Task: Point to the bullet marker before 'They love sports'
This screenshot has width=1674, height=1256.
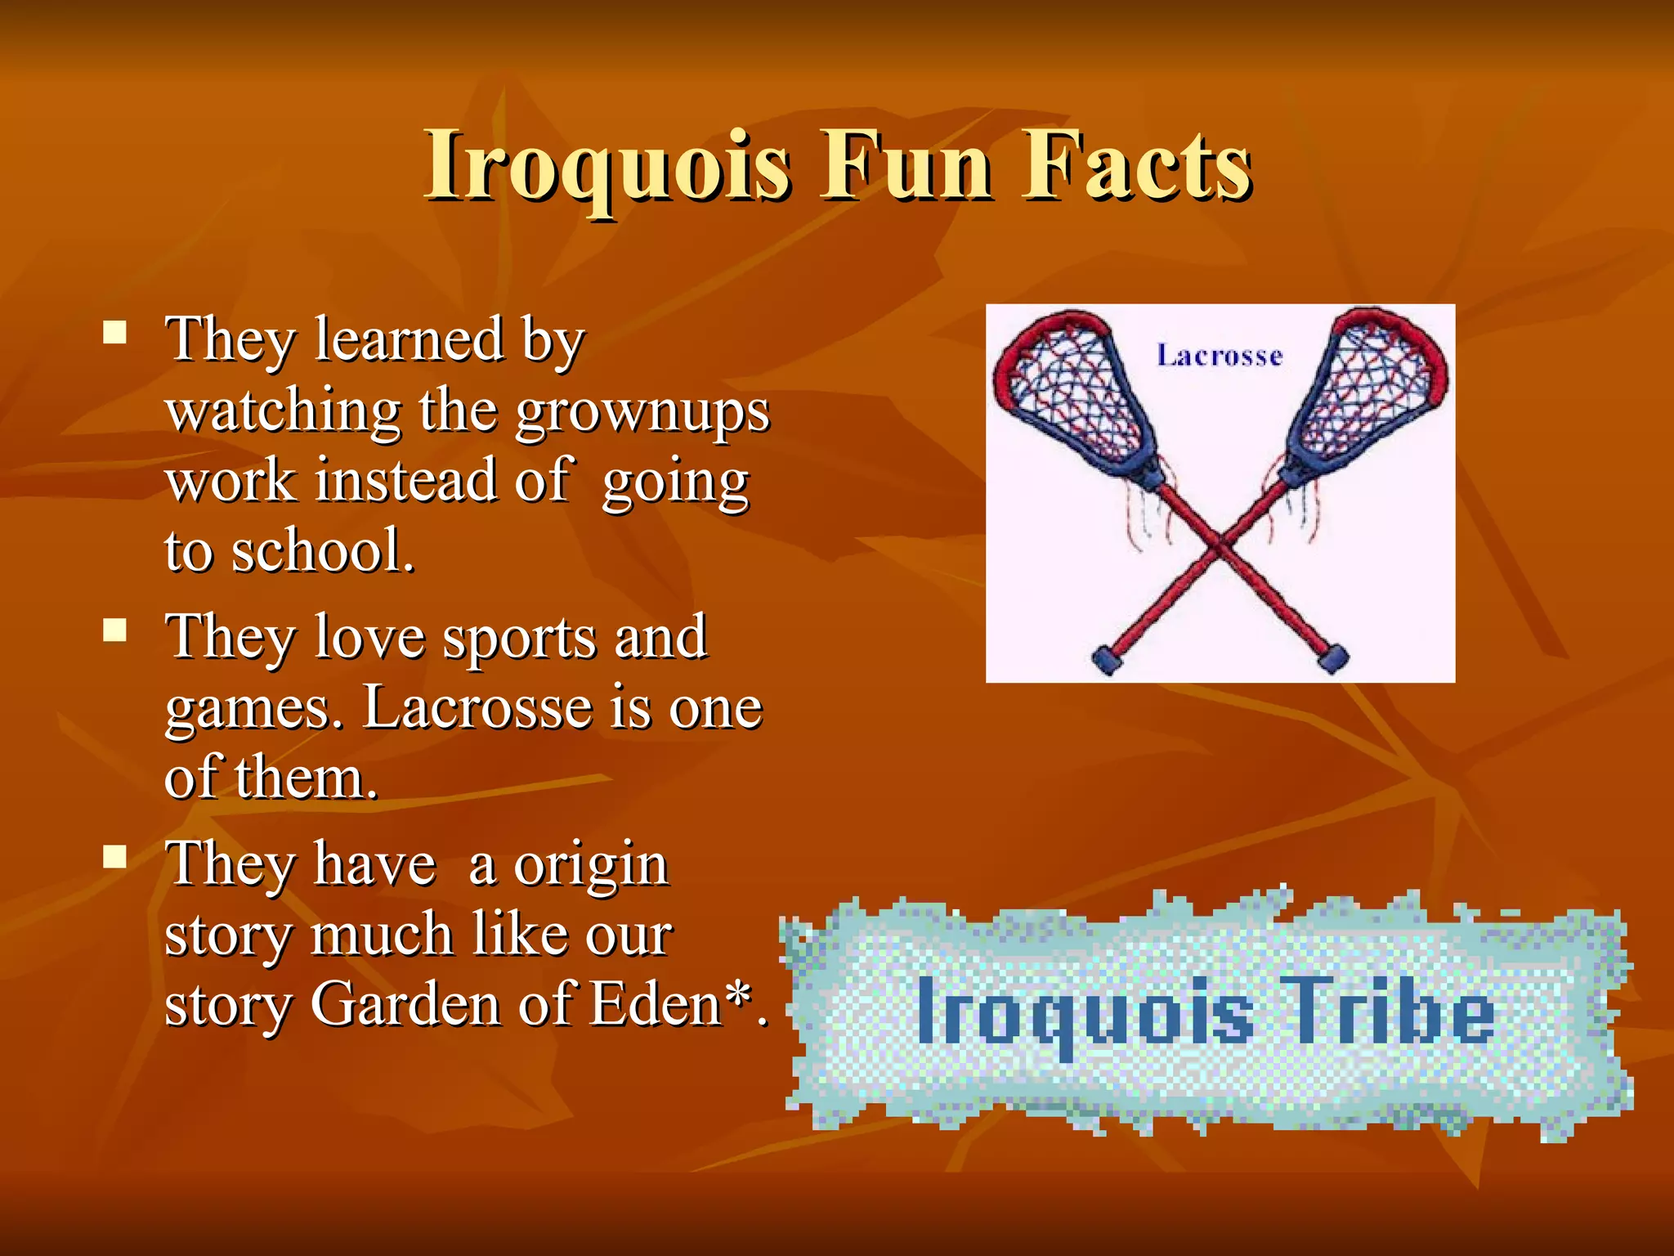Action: (x=115, y=630)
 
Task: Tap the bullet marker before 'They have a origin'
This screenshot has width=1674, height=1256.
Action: (x=115, y=856)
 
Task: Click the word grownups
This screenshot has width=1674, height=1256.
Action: (x=642, y=411)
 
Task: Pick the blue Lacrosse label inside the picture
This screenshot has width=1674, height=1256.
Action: (x=1220, y=356)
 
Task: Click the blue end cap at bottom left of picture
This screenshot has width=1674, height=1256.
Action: (x=1108, y=657)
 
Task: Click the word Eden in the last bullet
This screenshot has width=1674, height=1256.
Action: (x=654, y=1004)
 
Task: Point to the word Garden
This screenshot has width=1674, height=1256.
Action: (x=405, y=1004)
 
